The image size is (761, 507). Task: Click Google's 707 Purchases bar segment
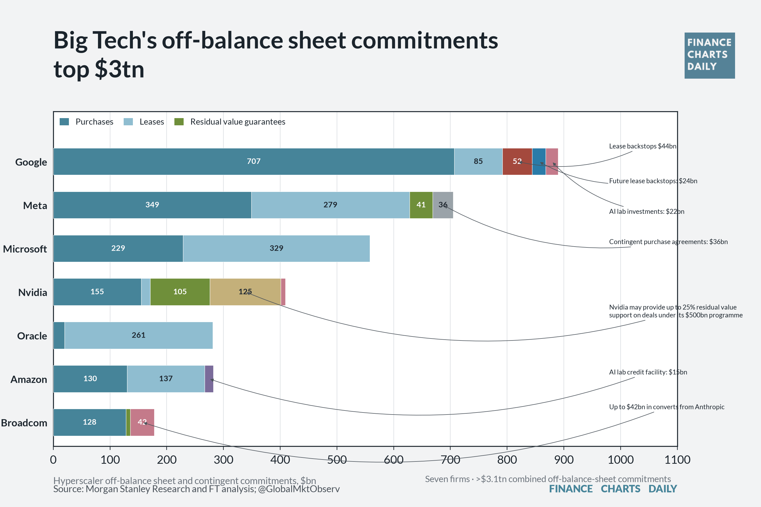[x=254, y=162]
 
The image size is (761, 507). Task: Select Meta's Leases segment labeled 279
[x=330, y=205]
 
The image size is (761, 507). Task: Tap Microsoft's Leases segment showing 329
[x=276, y=248]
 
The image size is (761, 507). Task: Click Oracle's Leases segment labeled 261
[x=138, y=335]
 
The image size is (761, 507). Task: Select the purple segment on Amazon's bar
[x=209, y=379]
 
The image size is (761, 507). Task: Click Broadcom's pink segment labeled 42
[x=142, y=422]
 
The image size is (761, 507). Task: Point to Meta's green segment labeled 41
[x=421, y=205]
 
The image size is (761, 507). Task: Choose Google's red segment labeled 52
[x=517, y=162]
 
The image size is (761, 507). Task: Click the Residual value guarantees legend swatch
[x=179, y=122]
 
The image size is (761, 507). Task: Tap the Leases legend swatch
[x=129, y=122]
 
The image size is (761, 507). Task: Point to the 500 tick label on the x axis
[x=337, y=459]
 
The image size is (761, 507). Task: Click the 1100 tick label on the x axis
[x=677, y=459]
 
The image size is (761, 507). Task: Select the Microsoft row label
[x=25, y=249]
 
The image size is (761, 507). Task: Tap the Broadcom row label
[x=24, y=423]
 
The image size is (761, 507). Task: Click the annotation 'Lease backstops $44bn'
[x=643, y=146]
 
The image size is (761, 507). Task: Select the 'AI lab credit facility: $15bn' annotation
[x=648, y=372]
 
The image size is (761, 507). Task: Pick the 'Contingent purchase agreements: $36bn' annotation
[x=668, y=242]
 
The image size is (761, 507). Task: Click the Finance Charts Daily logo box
[x=710, y=56]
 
